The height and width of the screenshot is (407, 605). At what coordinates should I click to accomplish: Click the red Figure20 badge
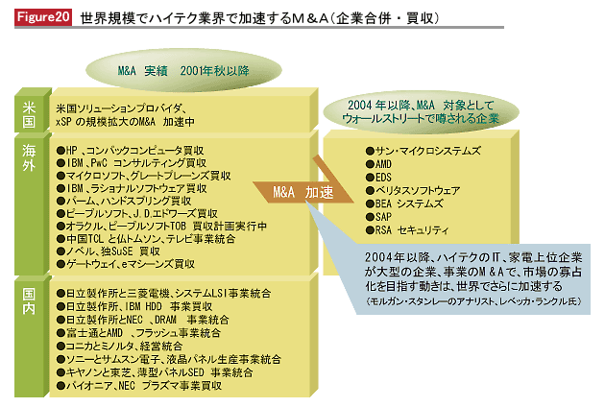[x=43, y=17]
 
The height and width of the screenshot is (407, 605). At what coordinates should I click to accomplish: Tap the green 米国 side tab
[x=30, y=112]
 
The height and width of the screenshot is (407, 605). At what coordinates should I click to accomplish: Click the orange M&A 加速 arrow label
[x=302, y=192]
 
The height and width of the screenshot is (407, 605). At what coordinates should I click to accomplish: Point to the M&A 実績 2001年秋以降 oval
[x=183, y=70]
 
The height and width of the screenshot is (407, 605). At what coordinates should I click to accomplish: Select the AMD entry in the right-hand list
[x=378, y=164]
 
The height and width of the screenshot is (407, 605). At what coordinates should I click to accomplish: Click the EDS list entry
[x=378, y=177]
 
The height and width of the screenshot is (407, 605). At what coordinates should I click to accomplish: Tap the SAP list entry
[x=378, y=217]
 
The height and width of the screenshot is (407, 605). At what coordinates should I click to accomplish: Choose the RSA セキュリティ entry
[x=407, y=230]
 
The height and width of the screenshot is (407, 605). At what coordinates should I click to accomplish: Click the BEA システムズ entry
[x=404, y=203]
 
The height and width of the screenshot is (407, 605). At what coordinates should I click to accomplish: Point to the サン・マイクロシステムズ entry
[x=423, y=151]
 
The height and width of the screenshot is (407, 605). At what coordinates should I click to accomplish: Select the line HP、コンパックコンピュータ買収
[x=130, y=150]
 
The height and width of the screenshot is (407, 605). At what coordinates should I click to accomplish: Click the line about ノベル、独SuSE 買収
[x=108, y=251]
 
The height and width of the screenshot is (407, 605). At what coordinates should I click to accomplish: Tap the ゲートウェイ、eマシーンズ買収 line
[x=126, y=264]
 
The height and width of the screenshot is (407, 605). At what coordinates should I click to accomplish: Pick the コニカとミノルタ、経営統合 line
[x=119, y=346]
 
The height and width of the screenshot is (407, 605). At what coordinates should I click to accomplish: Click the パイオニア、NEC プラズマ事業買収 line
[x=139, y=385]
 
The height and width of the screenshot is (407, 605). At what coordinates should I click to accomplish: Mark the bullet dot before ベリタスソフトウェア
[x=370, y=190]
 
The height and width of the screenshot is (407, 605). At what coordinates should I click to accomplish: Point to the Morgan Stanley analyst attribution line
[x=473, y=301]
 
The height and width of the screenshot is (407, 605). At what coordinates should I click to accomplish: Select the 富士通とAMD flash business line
[x=138, y=332]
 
